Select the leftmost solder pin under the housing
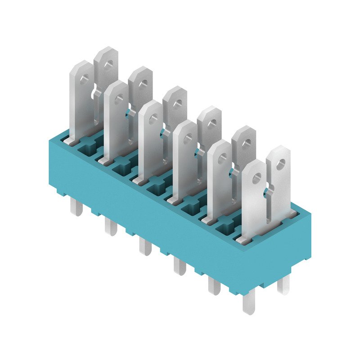pyautogui.click(x=76, y=207)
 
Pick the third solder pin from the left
pyautogui.click(x=145, y=247)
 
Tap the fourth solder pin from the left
pyautogui.click(x=179, y=266)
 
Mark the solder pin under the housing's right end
pyautogui.click(x=283, y=285)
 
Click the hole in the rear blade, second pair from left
pyautogui.click(x=142, y=84)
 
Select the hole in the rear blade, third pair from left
pyautogui.click(x=177, y=103)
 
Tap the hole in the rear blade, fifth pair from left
pyautogui.click(x=246, y=144)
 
